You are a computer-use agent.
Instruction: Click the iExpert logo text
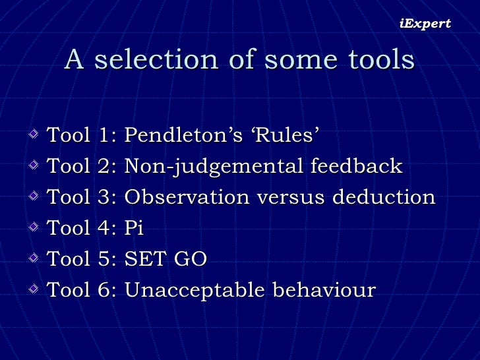click(x=425, y=24)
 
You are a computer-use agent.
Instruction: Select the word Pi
click(x=134, y=228)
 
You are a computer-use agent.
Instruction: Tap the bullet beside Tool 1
click(x=34, y=136)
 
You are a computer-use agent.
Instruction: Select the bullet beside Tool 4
click(x=34, y=229)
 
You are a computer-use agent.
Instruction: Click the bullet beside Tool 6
click(x=34, y=291)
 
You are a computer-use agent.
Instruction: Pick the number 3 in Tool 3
click(x=105, y=197)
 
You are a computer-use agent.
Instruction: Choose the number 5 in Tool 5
click(x=105, y=259)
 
